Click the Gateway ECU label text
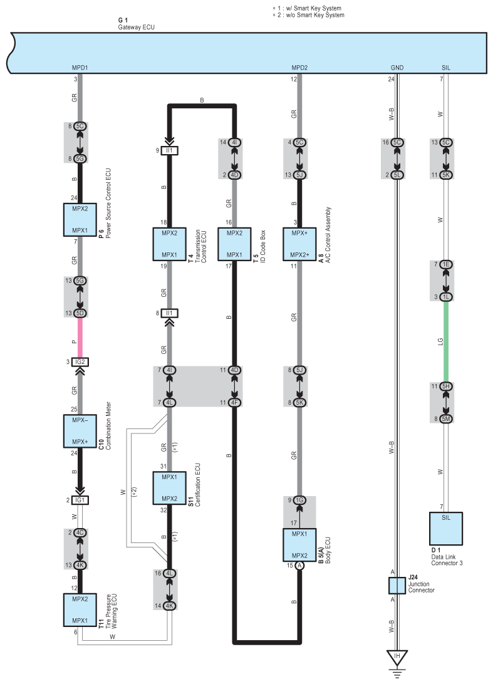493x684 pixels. coord(136,28)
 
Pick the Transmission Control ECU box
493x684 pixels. coord(170,244)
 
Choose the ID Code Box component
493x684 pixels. coord(234,244)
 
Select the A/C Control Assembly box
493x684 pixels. coord(299,244)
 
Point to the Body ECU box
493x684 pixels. coord(299,546)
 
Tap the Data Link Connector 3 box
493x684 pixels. coord(445,528)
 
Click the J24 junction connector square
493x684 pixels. coord(397,586)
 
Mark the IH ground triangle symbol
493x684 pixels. coord(397,658)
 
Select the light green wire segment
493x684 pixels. coord(445,341)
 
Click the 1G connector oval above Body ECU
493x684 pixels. coord(299,500)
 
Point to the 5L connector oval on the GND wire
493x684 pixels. coord(397,175)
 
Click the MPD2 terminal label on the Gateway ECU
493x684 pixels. coord(299,67)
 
